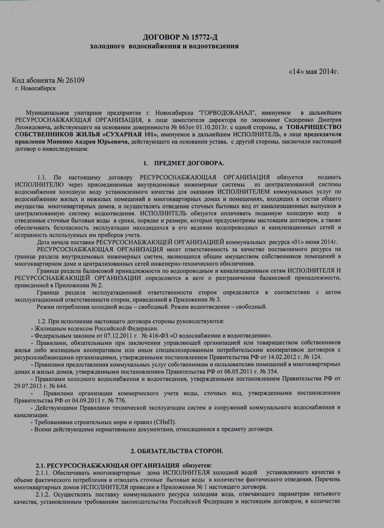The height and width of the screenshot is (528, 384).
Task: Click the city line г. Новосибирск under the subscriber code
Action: pyautogui.click(x=36, y=89)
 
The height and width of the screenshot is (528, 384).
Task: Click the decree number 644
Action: pyautogui.click(x=59, y=386)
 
